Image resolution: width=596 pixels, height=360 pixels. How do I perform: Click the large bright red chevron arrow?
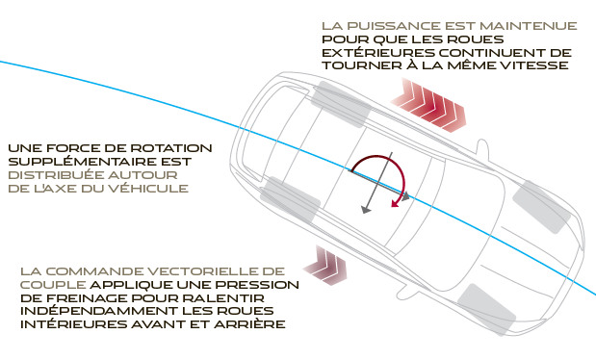click(428, 105)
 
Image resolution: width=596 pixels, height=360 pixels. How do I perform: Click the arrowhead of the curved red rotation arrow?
click(396, 203)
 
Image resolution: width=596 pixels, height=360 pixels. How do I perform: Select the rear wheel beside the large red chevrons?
click(341, 104)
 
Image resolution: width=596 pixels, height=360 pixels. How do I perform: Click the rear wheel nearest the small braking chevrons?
click(290, 199)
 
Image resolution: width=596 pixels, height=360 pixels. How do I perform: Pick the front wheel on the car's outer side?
click(542, 207)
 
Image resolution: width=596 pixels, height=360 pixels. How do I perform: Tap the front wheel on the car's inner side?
click(487, 309)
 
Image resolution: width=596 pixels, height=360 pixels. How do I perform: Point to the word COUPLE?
click(53, 285)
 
